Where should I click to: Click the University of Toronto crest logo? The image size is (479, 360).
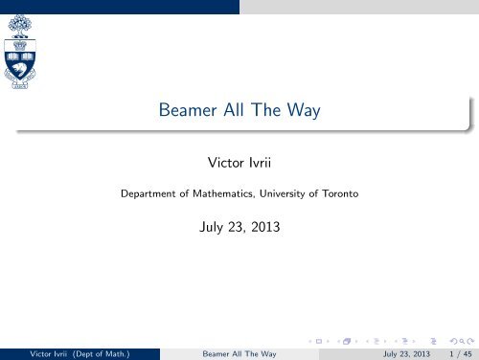coord(20,52)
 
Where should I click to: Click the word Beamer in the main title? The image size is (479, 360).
coord(188,110)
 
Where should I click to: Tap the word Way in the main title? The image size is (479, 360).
coord(304,110)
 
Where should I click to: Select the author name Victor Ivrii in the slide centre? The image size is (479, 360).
coord(239,163)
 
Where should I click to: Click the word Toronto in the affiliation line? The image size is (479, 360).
coord(340,193)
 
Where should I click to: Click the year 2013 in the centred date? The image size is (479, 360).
coord(265,227)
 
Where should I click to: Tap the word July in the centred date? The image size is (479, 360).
coord(211,228)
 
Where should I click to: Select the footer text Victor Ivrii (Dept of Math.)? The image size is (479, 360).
coord(80,354)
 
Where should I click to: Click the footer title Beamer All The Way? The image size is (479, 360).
coord(239,354)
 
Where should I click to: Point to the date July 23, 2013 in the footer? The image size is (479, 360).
coord(406,354)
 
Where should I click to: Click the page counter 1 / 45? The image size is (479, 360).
coord(461,354)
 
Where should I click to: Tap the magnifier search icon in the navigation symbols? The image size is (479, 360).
coord(462,342)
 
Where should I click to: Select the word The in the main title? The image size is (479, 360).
coord(265,110)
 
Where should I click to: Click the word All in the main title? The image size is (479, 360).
coord(234,110)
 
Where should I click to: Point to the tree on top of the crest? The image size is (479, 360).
coord(20,26)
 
